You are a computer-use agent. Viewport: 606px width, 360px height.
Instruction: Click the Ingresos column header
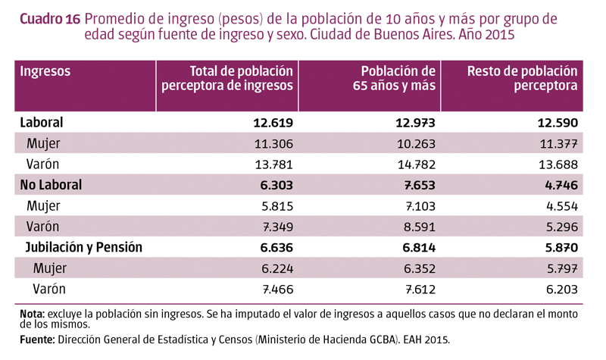(45, 72)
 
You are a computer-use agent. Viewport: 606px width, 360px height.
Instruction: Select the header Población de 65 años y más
(395, 79)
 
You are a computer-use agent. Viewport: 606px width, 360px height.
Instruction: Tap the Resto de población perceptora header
(523, 79)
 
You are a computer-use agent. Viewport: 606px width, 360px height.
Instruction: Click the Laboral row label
(42, 122)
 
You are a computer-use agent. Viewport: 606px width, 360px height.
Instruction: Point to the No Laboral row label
(51, 185)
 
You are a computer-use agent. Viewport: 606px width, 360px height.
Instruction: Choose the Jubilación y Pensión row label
(84, 248)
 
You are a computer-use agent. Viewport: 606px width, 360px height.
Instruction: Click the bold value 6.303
(275, 185)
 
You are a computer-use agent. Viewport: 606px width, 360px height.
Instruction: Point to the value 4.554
(561, 206)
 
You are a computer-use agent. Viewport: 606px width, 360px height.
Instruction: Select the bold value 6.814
(417, 248)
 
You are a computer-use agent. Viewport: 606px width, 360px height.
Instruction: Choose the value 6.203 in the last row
(561, 290)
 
